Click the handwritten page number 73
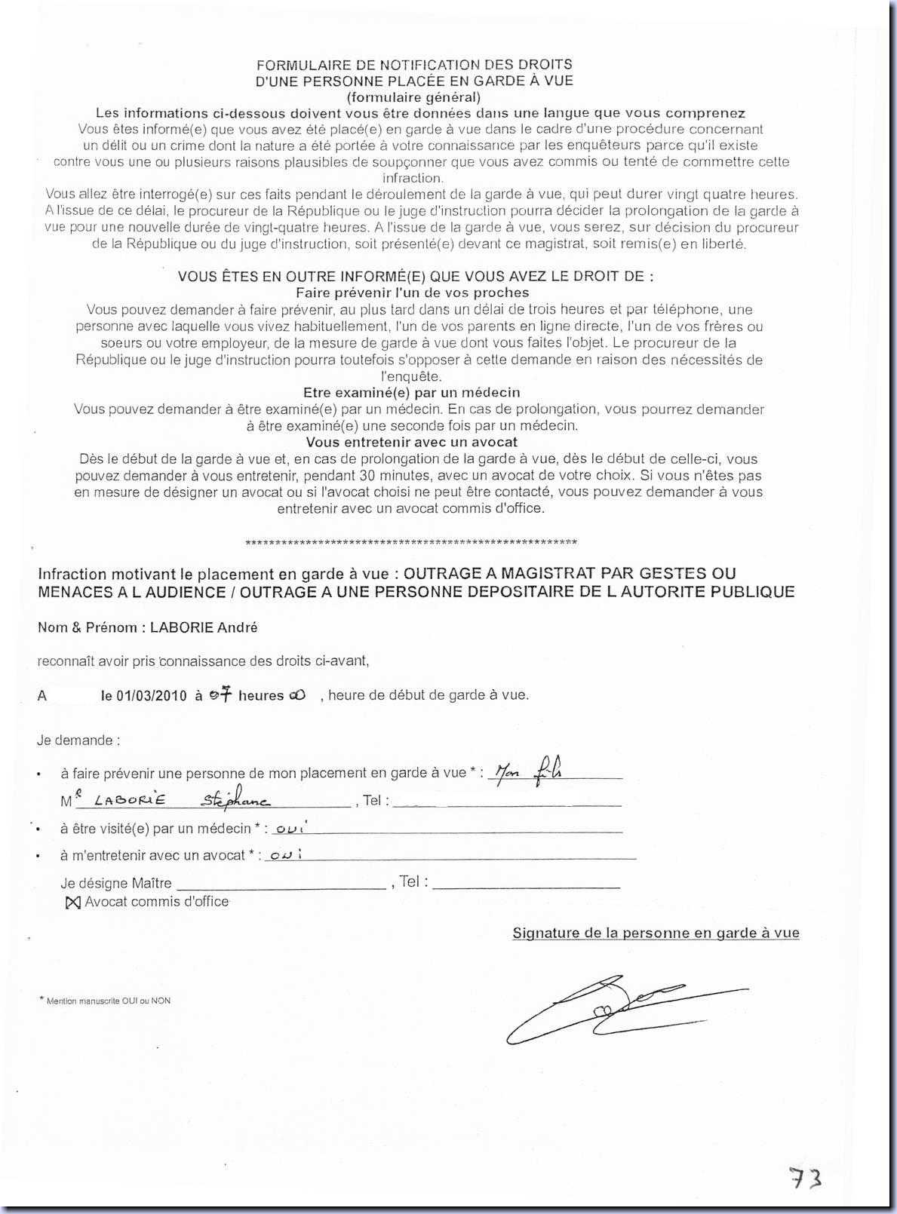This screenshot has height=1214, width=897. (804, 1176)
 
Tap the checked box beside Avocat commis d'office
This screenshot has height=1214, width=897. (72, 903)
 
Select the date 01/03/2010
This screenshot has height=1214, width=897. (143, 696)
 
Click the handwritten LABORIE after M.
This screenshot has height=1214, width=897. (130, 800)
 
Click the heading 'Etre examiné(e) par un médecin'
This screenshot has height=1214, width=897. (411, 393)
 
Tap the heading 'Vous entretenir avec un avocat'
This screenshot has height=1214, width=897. (411, 442)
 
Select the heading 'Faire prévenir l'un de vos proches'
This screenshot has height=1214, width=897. (412, 293)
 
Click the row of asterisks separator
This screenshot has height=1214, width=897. (412, 543)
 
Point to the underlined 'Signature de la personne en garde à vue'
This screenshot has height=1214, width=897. (656, 933)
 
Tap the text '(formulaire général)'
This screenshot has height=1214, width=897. (413, 97)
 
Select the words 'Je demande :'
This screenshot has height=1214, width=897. (78, 740)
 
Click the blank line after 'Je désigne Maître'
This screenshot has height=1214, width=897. (281, 883)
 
